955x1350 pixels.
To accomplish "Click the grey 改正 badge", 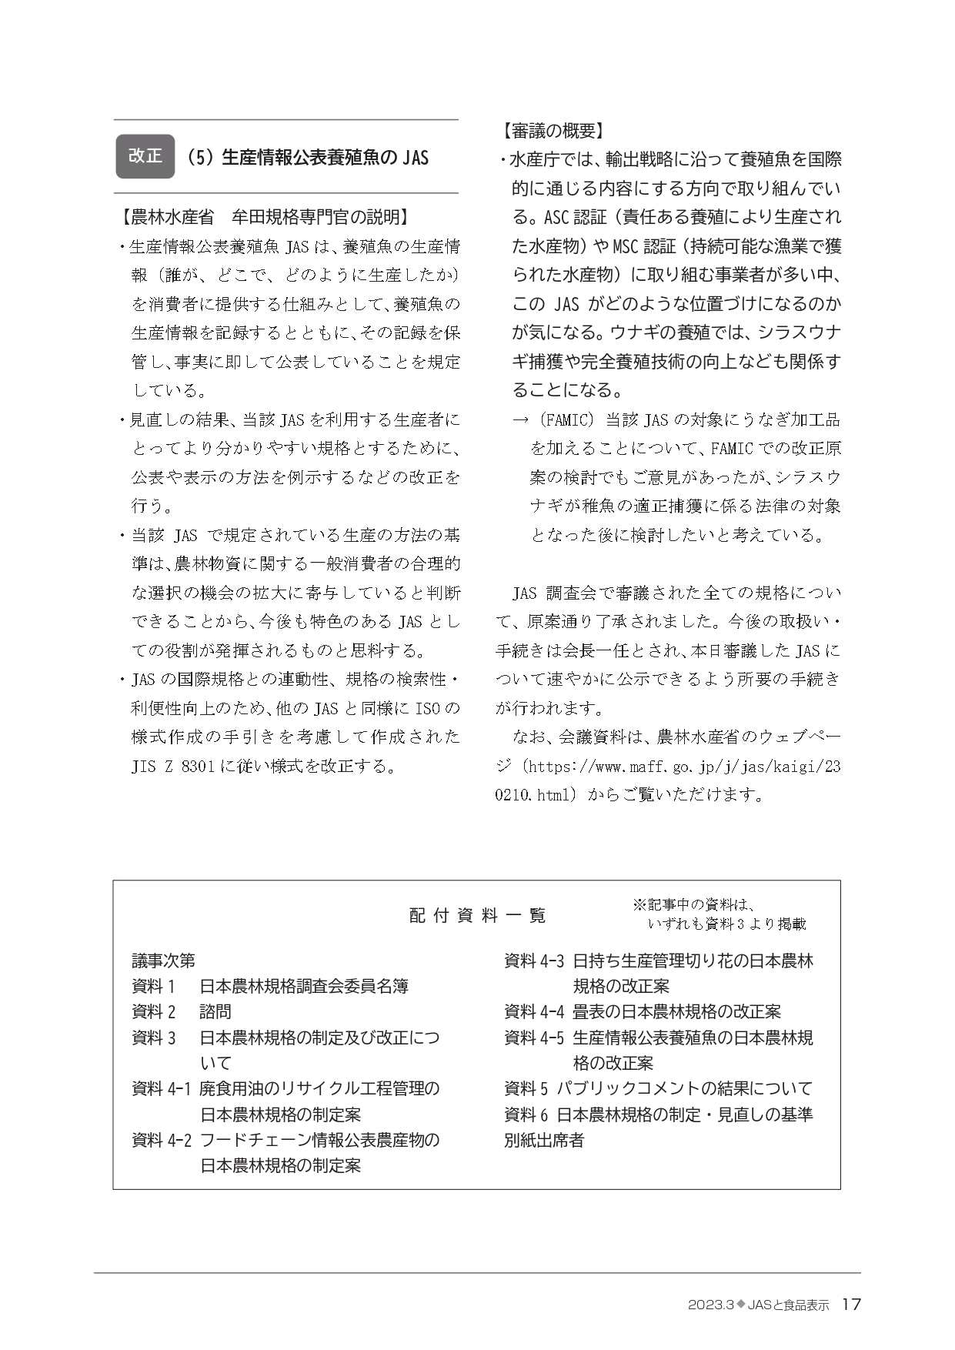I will (x=145, y=156).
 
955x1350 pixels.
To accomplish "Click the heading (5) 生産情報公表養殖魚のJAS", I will (x=306, y=157).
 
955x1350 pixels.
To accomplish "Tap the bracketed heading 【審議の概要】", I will (x=549, y=131).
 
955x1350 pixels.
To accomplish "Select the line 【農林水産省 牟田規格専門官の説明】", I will (x=262, y=217).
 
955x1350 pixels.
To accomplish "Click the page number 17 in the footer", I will (x=851, y=1305).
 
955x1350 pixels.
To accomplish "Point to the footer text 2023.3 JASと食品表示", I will (x=758, y=1305).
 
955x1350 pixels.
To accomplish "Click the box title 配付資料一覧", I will (x=477, y=915).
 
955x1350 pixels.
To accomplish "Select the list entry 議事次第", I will (x=164, y=961).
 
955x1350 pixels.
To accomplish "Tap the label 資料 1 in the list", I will (x=154, y=986).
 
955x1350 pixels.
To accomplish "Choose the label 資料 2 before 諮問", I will (x=154, y=1012).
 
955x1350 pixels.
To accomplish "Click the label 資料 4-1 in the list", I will (x=161, y=1089).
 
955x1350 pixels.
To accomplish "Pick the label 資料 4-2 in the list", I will (x=161, y=1140).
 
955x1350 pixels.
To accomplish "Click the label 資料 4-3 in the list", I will (x=534, y=961).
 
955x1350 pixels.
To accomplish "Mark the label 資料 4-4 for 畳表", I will (x=534, y=1012).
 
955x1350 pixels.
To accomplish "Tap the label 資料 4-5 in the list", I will (x=534, y=1038).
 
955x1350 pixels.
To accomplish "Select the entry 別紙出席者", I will (x=544, y=1140).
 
